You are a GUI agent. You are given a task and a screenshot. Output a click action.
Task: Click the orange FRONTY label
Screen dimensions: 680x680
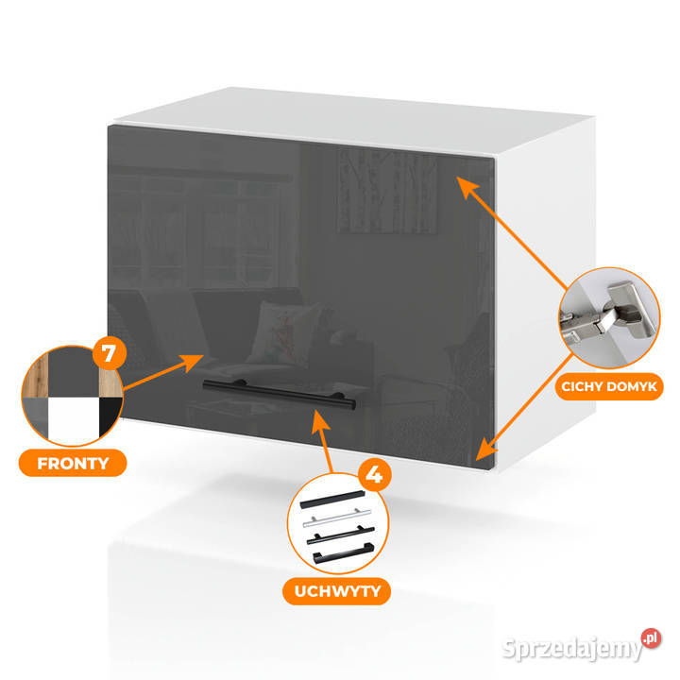pyautogui.click(x=73, y=463)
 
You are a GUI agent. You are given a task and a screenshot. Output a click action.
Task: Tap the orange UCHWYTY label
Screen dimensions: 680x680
pyautogui.click(x=337, y=591)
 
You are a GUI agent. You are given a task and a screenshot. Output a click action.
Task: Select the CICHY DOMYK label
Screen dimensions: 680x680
pyautogui.click(x=609, y=386)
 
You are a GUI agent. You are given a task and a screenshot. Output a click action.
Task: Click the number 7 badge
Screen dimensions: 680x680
pyautogui.click(x=110, y=353)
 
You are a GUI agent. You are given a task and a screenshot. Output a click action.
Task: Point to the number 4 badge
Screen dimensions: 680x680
pyautogui.click(x=375, y=474)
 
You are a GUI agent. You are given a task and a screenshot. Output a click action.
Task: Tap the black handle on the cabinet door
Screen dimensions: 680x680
pyautogui.click(x=280, y=394)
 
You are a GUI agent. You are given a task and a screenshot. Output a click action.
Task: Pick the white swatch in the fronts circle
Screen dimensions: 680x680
pyautogui.click(x=74, y=420)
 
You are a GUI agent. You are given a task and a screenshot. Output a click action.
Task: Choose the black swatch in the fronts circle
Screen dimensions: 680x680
pyautogui.click(x=110, y=416)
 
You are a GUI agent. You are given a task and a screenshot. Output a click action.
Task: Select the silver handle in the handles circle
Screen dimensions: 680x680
pyautogui.click(x=336, y=518)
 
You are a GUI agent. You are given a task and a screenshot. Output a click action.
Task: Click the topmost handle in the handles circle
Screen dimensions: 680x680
pyautogui.click(x=332, y=500)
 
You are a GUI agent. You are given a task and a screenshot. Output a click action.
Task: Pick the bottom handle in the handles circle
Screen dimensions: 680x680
pyautogui.click(x=344, y=553)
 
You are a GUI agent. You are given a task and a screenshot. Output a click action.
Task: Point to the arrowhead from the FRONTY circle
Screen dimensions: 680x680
pyautogui.click(x=192, y=362)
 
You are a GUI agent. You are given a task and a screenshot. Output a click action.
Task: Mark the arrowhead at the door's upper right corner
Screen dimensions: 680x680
pyautogui.click(x=466, y=186)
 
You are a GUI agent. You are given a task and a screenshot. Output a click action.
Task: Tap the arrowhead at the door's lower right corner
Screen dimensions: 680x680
pyautogui.click(x=485, y=450)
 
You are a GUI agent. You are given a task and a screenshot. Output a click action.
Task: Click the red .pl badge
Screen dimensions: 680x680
pyautogui.click(x=651, y=638)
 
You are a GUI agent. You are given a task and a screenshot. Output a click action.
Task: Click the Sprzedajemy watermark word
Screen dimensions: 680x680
pyautogui.click(x=571, y=649)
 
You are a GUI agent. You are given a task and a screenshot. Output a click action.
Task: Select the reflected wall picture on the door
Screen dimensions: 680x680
pyautogui.click(x=387, y=192)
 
